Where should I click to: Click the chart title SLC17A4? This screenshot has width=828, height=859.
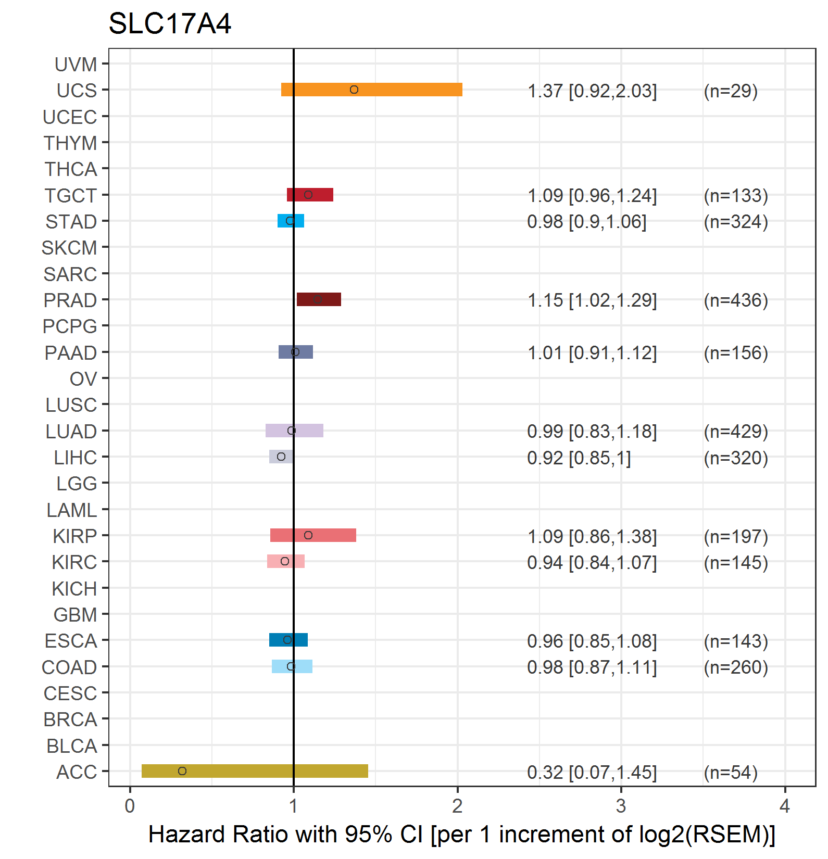click(170, 24)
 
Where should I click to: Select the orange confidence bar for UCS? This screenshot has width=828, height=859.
click(372, 90)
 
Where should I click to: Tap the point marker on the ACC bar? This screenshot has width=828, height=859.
click(182, 771)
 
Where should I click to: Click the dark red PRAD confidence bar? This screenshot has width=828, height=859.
click(319, 299)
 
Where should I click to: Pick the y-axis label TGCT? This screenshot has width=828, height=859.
click(71, 196)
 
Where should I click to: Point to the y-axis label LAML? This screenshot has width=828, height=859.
click(72, 510)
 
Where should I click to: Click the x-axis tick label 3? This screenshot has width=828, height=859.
click(621, 806)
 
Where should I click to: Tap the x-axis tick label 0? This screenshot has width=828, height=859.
click(130, 806)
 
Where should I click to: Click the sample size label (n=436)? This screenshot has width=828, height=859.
click(736, 300)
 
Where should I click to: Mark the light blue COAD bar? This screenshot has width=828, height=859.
click(292, 666)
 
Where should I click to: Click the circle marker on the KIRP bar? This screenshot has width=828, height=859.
click(308, 535)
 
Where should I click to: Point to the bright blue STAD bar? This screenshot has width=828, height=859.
click(291, 221)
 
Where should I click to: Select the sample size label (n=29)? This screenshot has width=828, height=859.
click(731, 91)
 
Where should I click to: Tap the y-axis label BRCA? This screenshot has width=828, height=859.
click(70, 719)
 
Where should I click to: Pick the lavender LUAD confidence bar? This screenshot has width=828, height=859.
click(294, 431)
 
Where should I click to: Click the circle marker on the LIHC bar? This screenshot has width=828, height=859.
click(281, 457)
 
